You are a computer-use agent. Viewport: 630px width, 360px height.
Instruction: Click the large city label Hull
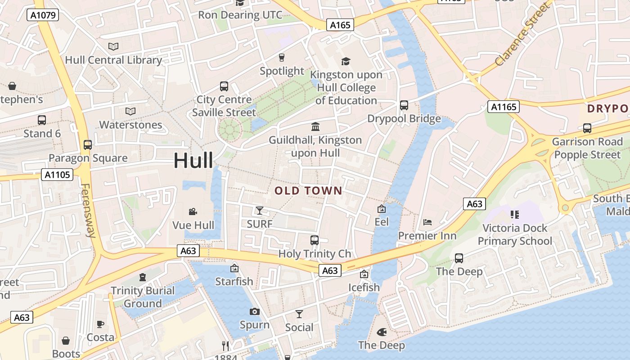(193, 161)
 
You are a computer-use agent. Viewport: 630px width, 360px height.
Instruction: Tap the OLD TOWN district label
(308, 191)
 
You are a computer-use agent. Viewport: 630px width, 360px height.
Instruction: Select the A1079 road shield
(43, 15)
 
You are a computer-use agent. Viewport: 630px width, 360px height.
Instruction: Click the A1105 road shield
(57, 174)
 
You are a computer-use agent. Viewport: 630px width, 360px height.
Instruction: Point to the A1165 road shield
(503, 107)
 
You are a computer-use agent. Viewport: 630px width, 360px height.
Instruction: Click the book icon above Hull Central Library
(113, 46)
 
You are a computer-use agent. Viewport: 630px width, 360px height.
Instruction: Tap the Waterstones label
(130, 125)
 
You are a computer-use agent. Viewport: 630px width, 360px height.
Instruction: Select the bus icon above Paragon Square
(88, 145)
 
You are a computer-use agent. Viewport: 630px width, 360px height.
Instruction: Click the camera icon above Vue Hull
(193, 211)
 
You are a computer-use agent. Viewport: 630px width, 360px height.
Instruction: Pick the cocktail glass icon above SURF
(260, 210)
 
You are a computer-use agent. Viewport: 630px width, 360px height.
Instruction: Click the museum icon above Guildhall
(315, 126)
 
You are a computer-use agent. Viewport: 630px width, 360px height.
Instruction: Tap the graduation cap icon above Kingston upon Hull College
(346, 61)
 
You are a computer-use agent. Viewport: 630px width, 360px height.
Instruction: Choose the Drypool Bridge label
(404, 119)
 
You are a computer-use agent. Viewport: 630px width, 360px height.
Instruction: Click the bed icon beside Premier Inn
(427, 222)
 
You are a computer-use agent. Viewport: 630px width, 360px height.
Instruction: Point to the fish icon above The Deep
(382, 332)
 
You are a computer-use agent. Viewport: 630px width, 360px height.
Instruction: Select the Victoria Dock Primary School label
(515, 234)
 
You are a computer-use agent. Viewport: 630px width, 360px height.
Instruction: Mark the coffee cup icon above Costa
(100, 324)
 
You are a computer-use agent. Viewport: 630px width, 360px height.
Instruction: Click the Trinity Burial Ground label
(143, 297)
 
